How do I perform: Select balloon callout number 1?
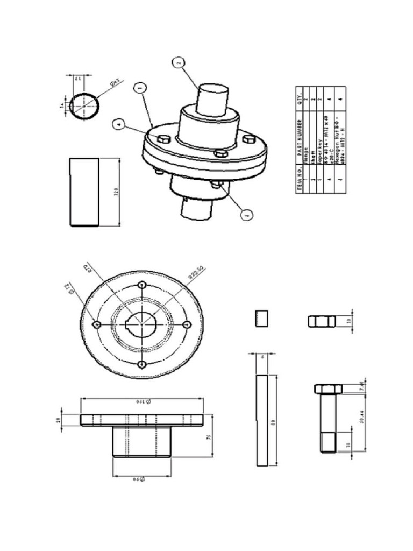click(139, 86)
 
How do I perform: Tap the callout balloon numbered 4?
click(118, 124)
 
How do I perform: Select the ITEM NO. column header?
click(302, 180)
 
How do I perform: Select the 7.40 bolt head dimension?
click(361, 386)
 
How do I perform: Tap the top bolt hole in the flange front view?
click(142, 285)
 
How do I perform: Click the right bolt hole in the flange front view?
click(187, 324)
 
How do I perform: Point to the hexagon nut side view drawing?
click(322, 322)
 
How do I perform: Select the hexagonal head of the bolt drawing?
click(326, 389)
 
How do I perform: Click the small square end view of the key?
click(261, 319)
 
